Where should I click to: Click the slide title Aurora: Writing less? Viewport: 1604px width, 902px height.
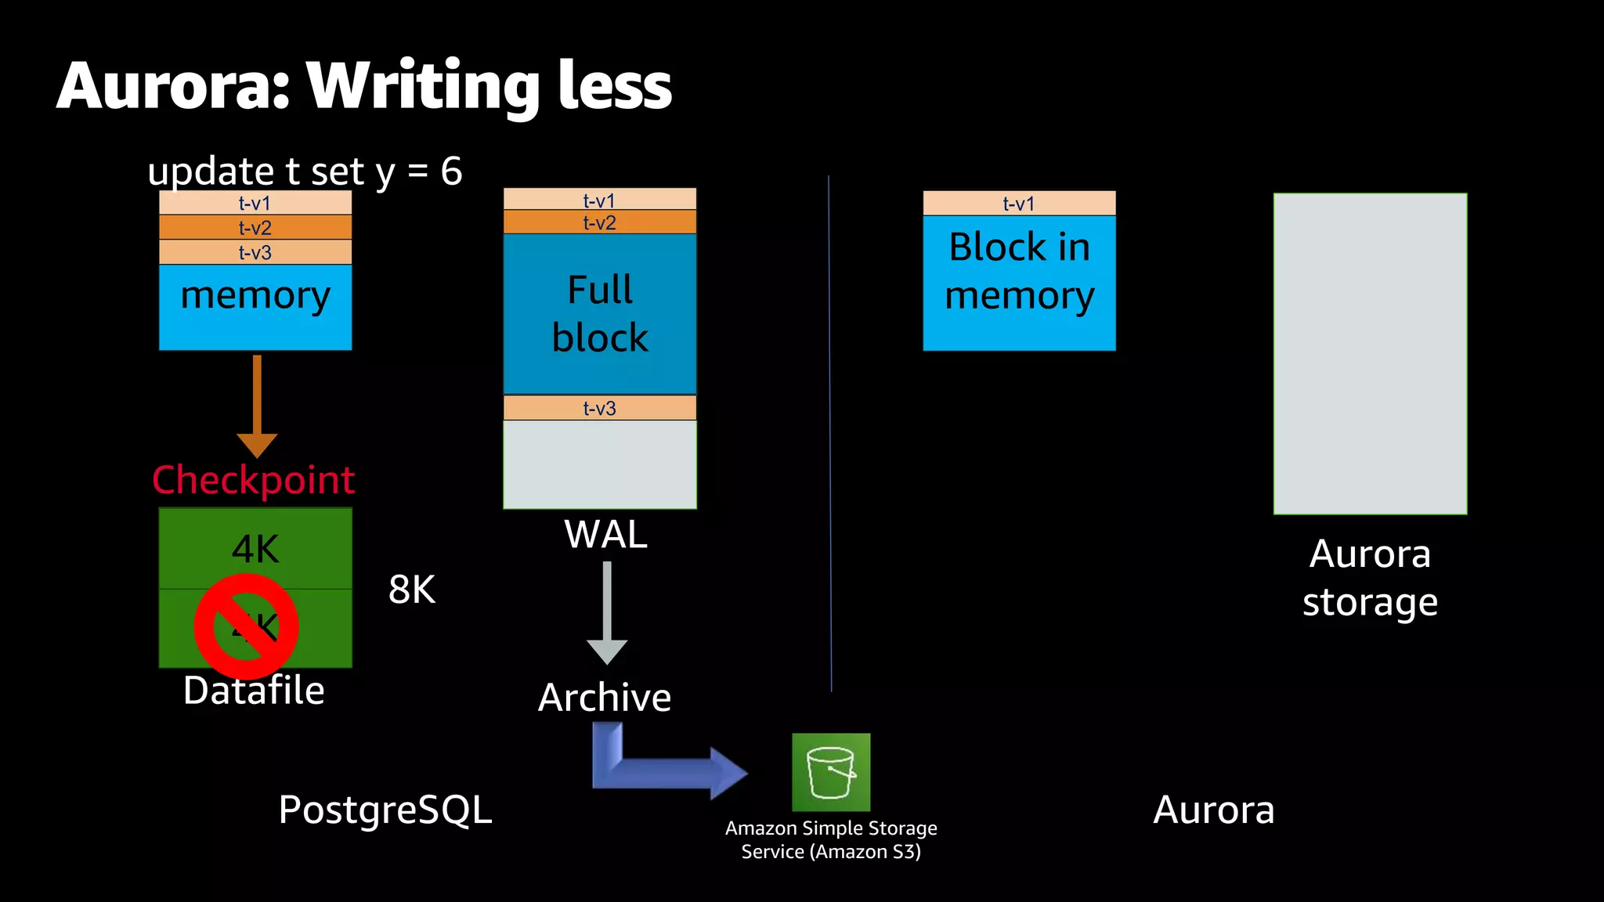coord(364,86)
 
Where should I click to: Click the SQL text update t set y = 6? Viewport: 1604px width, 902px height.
coord(305,171)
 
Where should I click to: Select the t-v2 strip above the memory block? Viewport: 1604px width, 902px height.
coord(255,228)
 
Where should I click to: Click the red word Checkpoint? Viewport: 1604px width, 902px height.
coord(253,480)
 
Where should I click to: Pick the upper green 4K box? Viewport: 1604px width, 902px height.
coord(255,548)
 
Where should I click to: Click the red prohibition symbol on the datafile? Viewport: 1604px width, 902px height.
coord(246,626)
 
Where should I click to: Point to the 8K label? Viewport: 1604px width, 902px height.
coord(412,590)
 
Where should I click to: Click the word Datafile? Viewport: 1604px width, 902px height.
coord(254,691)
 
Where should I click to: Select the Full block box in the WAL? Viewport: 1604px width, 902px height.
coord(600,313)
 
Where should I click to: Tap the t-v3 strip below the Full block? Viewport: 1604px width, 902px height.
coord(600,408)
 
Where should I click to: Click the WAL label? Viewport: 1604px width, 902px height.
coord(605,535)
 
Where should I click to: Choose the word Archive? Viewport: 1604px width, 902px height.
coord(605,697)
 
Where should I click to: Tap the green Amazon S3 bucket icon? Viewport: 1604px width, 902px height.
coord(831,772)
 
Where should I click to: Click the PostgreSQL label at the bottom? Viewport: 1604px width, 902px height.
coord(385,810)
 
